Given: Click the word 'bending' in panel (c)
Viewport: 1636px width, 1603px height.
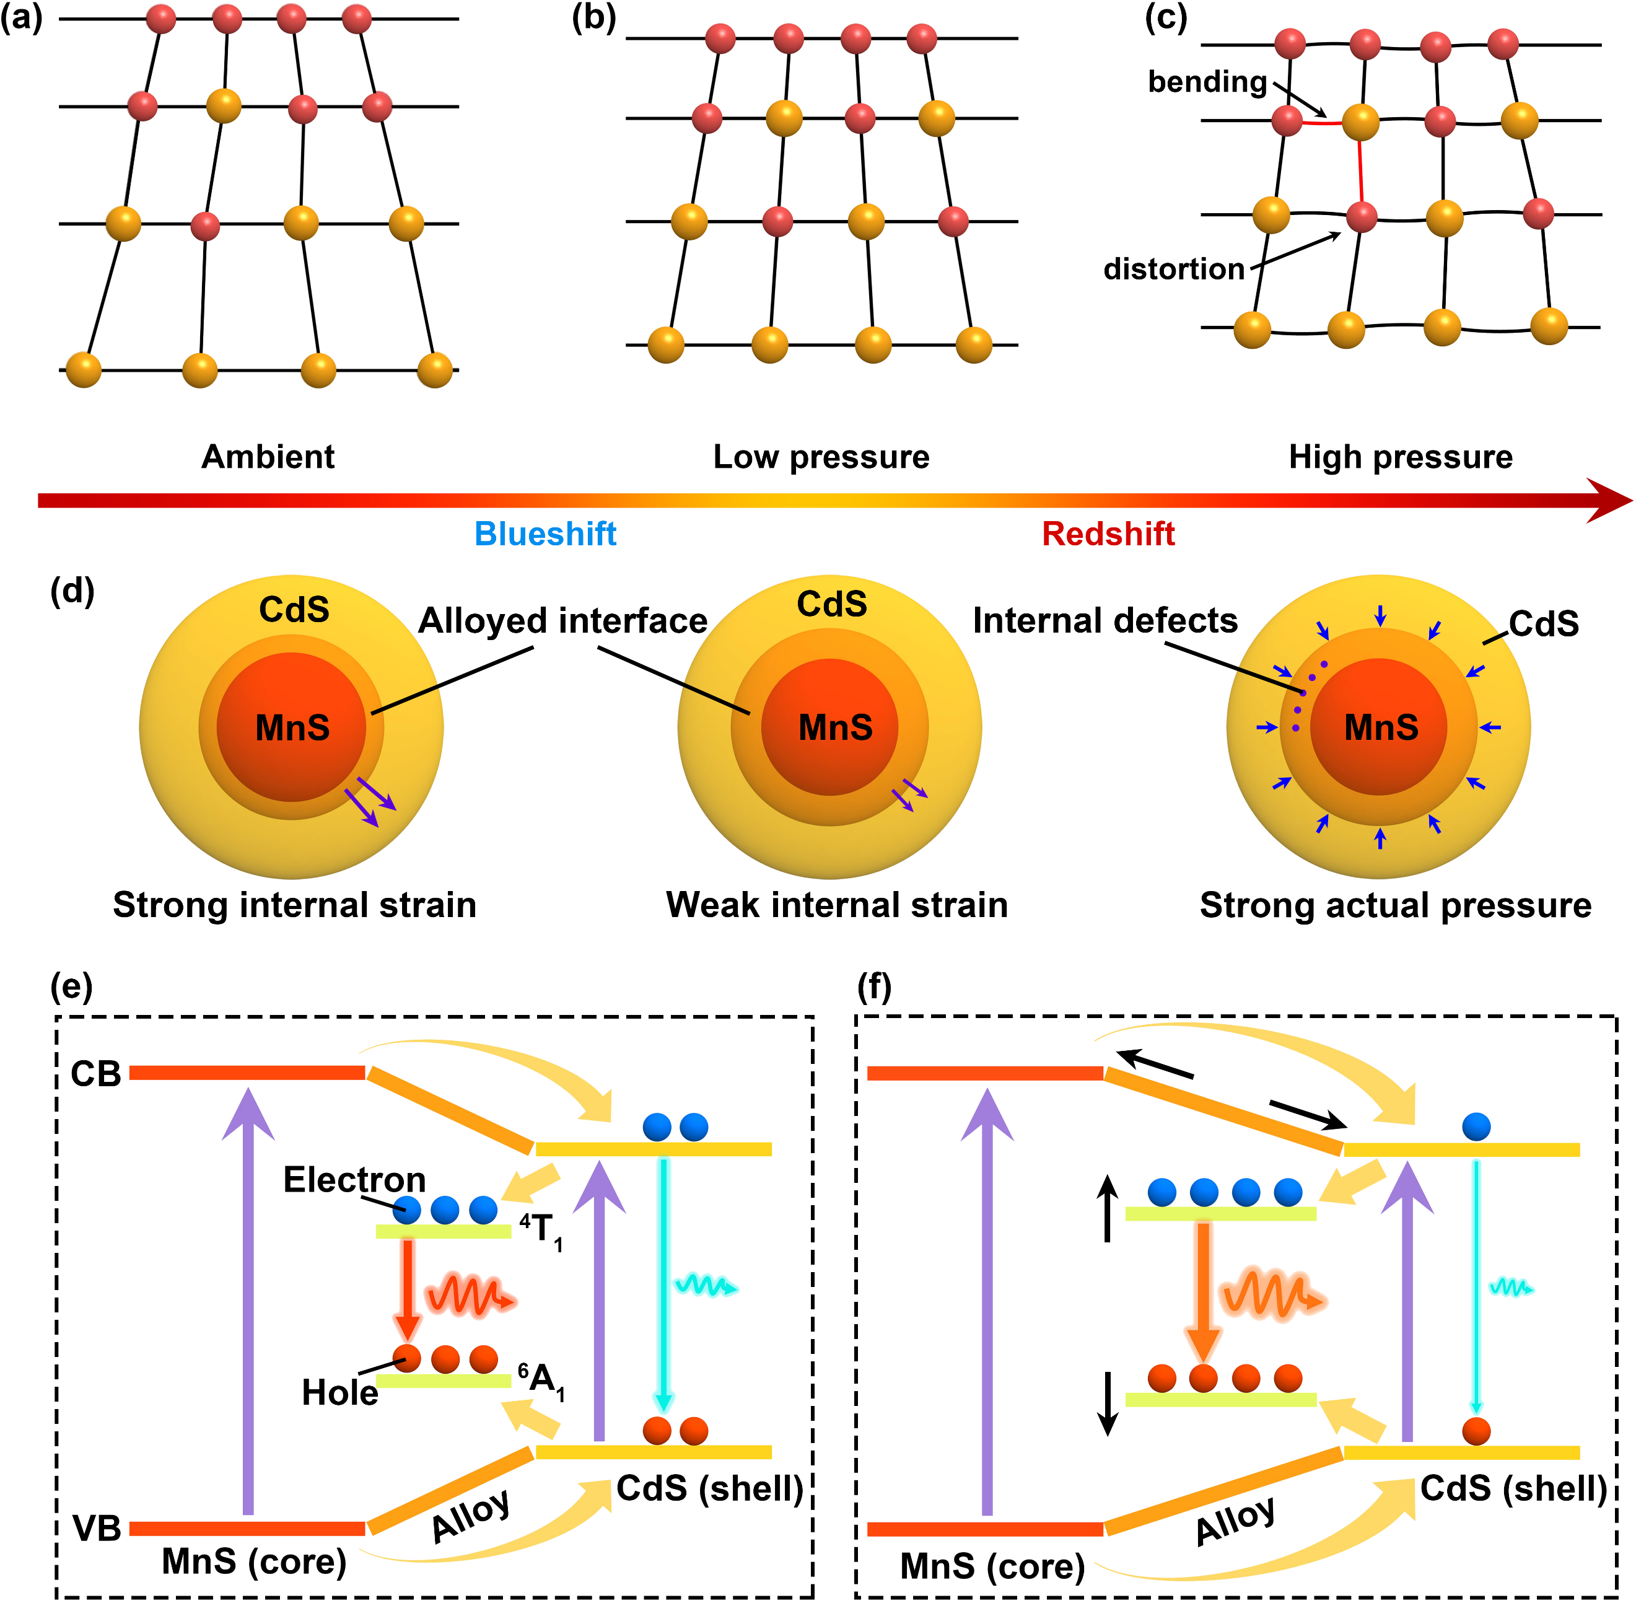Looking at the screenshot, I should tap(1207, 82).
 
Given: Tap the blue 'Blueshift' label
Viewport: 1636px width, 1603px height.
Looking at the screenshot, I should tap(545, 534).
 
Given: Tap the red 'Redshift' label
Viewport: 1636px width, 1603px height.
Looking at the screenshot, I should tap(1108, 534).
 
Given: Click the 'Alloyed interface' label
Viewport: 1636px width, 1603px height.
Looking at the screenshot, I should tap(563, 620).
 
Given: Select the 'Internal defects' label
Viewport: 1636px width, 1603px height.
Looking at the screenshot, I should tap(1105, 620).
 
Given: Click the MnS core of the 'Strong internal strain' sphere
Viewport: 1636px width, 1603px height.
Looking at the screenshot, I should tap(292, 727).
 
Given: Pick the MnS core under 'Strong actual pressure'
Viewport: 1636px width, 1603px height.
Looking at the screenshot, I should tap(1380, 727).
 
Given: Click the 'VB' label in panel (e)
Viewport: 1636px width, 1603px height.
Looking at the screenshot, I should tap(97, 1528).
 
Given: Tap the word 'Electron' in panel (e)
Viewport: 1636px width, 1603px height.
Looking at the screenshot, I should tap(354, 1180).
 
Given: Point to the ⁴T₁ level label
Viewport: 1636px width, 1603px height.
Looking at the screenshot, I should tap(540, 1230).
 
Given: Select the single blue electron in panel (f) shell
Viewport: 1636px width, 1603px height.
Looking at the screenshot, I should tap(1476, 1126).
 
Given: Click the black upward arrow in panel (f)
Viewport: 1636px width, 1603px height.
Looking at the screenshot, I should tap(1108, 1209).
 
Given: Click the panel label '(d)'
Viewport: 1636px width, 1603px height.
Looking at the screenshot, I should tap(72, 591).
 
